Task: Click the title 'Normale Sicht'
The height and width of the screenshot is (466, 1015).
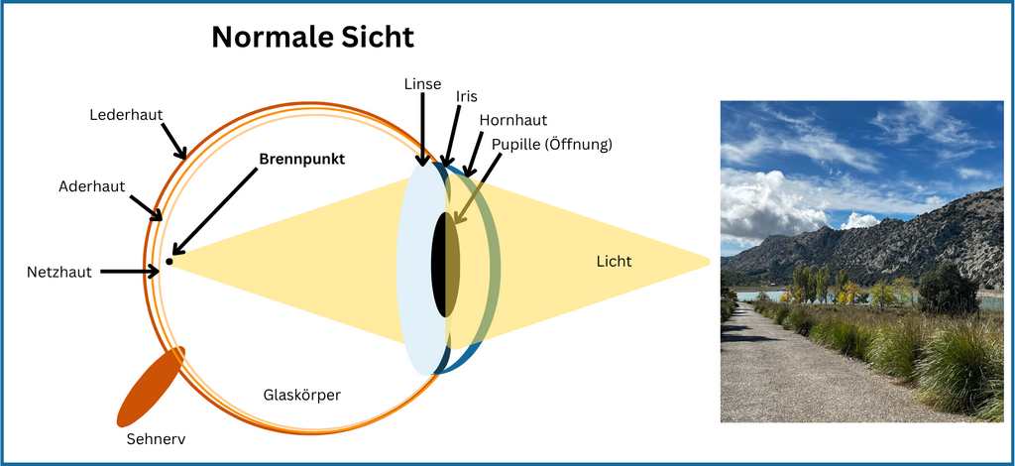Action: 312,39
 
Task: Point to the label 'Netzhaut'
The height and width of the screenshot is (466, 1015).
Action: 61,271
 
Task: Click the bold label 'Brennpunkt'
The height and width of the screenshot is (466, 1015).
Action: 301,159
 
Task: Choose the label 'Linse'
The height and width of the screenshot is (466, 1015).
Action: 422,83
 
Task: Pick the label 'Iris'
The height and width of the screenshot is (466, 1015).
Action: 467,97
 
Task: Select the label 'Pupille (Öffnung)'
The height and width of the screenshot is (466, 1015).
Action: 551,145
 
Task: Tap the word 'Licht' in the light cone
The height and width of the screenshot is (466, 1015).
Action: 615,262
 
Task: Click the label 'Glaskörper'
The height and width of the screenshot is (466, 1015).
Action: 302,395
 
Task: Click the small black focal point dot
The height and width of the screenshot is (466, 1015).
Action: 169,261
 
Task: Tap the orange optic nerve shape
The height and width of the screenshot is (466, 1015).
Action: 149,388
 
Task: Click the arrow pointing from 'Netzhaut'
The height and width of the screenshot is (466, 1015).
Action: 129,270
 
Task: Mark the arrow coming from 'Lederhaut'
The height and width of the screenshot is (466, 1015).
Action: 171,139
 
